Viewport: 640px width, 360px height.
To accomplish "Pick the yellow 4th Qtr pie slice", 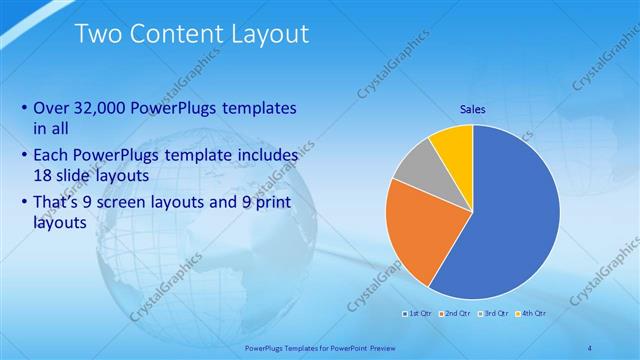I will tap(453, 144).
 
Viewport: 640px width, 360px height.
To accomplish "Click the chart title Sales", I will tap(472, 109).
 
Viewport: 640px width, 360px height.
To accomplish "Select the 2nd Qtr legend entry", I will tap(456, 314).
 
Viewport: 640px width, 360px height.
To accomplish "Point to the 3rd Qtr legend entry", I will tap(493, 314).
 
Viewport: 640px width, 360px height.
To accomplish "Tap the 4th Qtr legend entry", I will tap(531, 314).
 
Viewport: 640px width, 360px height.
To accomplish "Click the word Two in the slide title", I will tap(99, 34).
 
